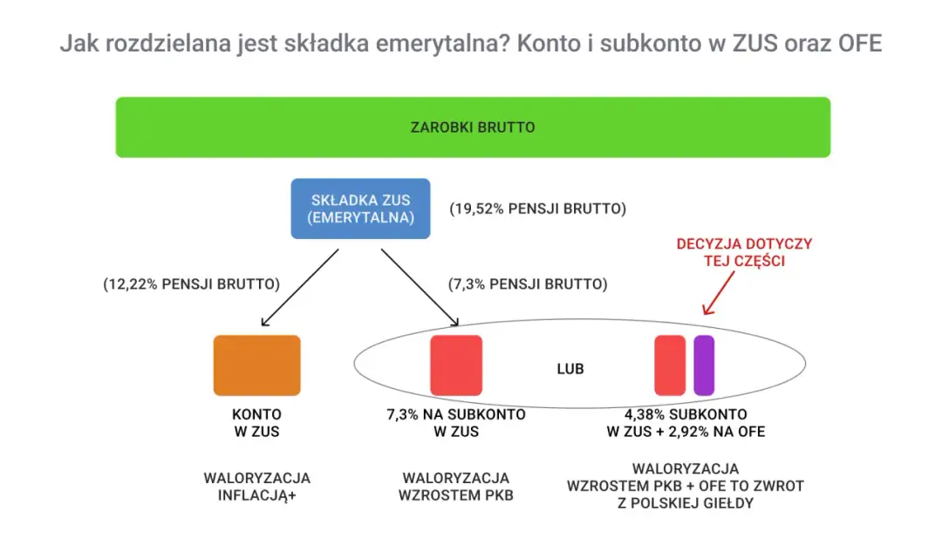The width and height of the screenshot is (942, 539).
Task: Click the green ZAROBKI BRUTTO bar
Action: coord(473,127)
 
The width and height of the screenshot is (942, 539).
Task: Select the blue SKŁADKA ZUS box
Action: coord(361,208)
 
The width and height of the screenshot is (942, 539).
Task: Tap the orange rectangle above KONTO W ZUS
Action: coord(257,365)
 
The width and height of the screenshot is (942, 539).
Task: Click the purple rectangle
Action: coord(704,365)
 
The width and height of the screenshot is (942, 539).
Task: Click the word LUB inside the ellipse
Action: coord(570,369)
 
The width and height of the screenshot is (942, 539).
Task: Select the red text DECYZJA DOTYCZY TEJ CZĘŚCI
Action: coord(743,252)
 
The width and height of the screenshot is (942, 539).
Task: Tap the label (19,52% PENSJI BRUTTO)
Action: coord(538,209)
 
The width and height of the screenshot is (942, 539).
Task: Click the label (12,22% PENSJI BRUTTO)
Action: coord(191,283)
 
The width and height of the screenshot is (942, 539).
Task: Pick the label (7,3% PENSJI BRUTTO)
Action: coord(528,283)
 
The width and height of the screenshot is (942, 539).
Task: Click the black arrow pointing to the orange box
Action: coord(300,287)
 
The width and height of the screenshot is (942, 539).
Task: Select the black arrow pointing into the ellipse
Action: coord(419,287)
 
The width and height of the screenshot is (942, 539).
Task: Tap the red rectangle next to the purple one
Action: coord(670,365)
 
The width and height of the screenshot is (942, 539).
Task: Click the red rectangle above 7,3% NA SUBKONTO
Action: coord(456,365)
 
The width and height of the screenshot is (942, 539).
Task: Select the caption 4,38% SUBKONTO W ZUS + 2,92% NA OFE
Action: coord(686,423)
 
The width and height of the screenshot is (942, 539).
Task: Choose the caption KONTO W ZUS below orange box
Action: coord(256,423)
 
